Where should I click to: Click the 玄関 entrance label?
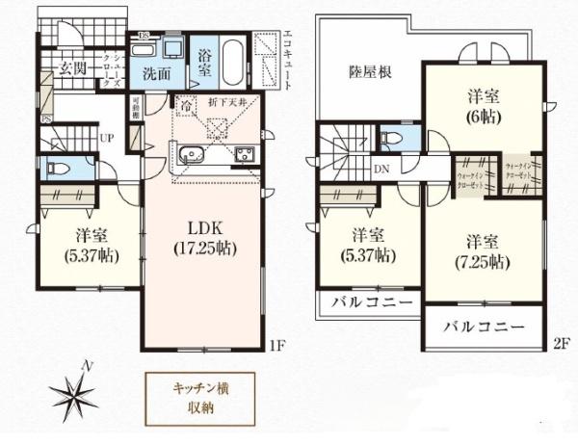[x=73, y=67]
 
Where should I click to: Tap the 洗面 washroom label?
[x=158, y=72]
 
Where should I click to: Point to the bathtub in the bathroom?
[x=234, y=61]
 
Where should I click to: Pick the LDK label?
[x=205, y=229]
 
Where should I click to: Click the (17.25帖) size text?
[x=205, y=248]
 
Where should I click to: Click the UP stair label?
[x=109, y=137]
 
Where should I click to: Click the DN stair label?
[x=382, y=168]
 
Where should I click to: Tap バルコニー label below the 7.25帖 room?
[x=484, y=327]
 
